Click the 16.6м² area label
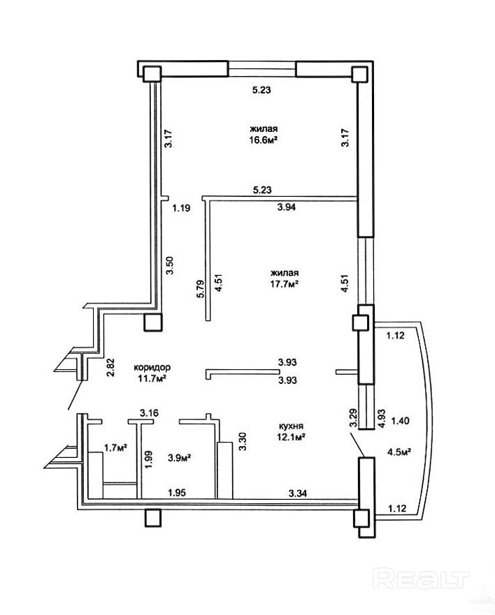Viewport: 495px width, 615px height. [264, 140]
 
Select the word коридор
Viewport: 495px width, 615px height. [152, 367]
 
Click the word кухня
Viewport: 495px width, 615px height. [291, 426]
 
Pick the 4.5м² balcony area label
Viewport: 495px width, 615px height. [399, 452]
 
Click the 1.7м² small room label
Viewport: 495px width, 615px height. [115, 447]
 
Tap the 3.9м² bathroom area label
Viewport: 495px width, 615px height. [179, 457]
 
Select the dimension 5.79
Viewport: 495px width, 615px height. [201, 289]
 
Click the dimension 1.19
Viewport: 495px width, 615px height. [182, 208]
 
